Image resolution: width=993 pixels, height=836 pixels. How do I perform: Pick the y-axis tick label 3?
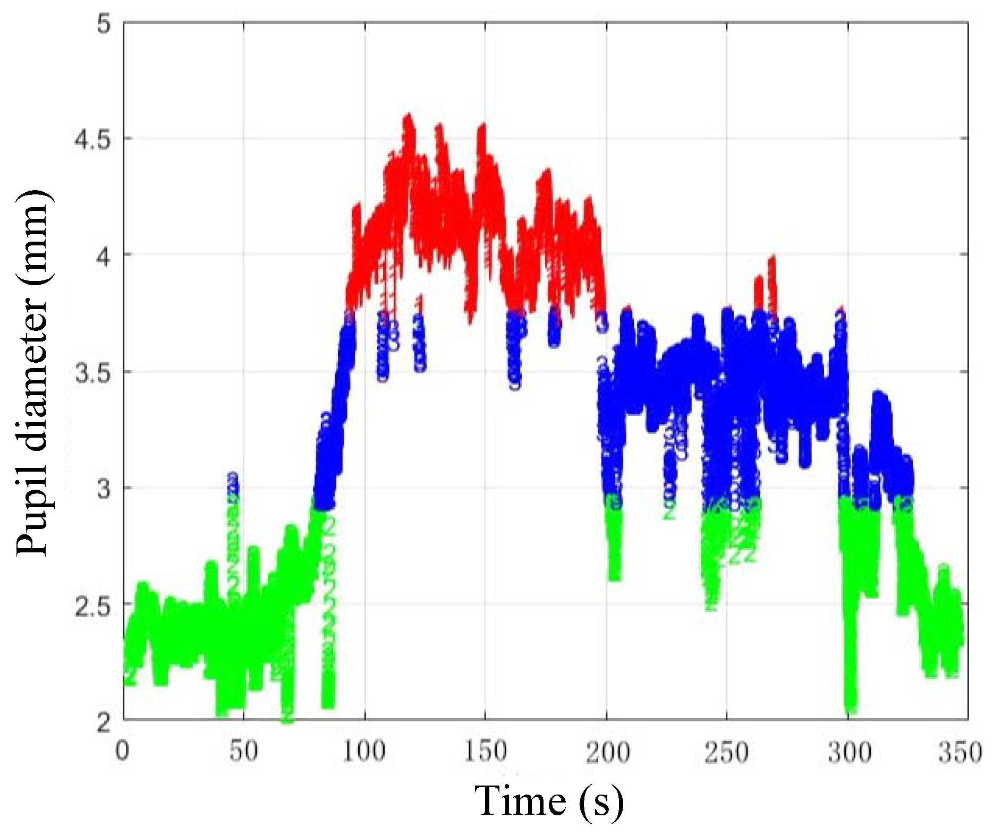coord(103,489)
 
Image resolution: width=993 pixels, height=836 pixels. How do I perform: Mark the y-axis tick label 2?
coord(103,722)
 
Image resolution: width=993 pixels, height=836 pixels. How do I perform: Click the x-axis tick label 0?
coord(123,752)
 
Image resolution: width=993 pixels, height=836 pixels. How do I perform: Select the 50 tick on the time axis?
coord(243,752)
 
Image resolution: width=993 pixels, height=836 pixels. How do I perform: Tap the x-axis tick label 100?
coord(364,752)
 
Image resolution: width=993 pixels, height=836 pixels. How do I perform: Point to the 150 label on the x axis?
coord(485,752)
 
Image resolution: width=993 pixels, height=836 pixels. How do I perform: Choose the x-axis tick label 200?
coord(607,752)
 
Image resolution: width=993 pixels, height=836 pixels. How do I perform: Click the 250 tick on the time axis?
coord(726,752)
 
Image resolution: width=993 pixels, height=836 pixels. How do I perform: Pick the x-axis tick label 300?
coord(848,752)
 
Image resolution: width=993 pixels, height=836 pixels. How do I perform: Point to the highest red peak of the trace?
coord(408,116)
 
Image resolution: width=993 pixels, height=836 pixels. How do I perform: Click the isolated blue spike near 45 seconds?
coord(232,478)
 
